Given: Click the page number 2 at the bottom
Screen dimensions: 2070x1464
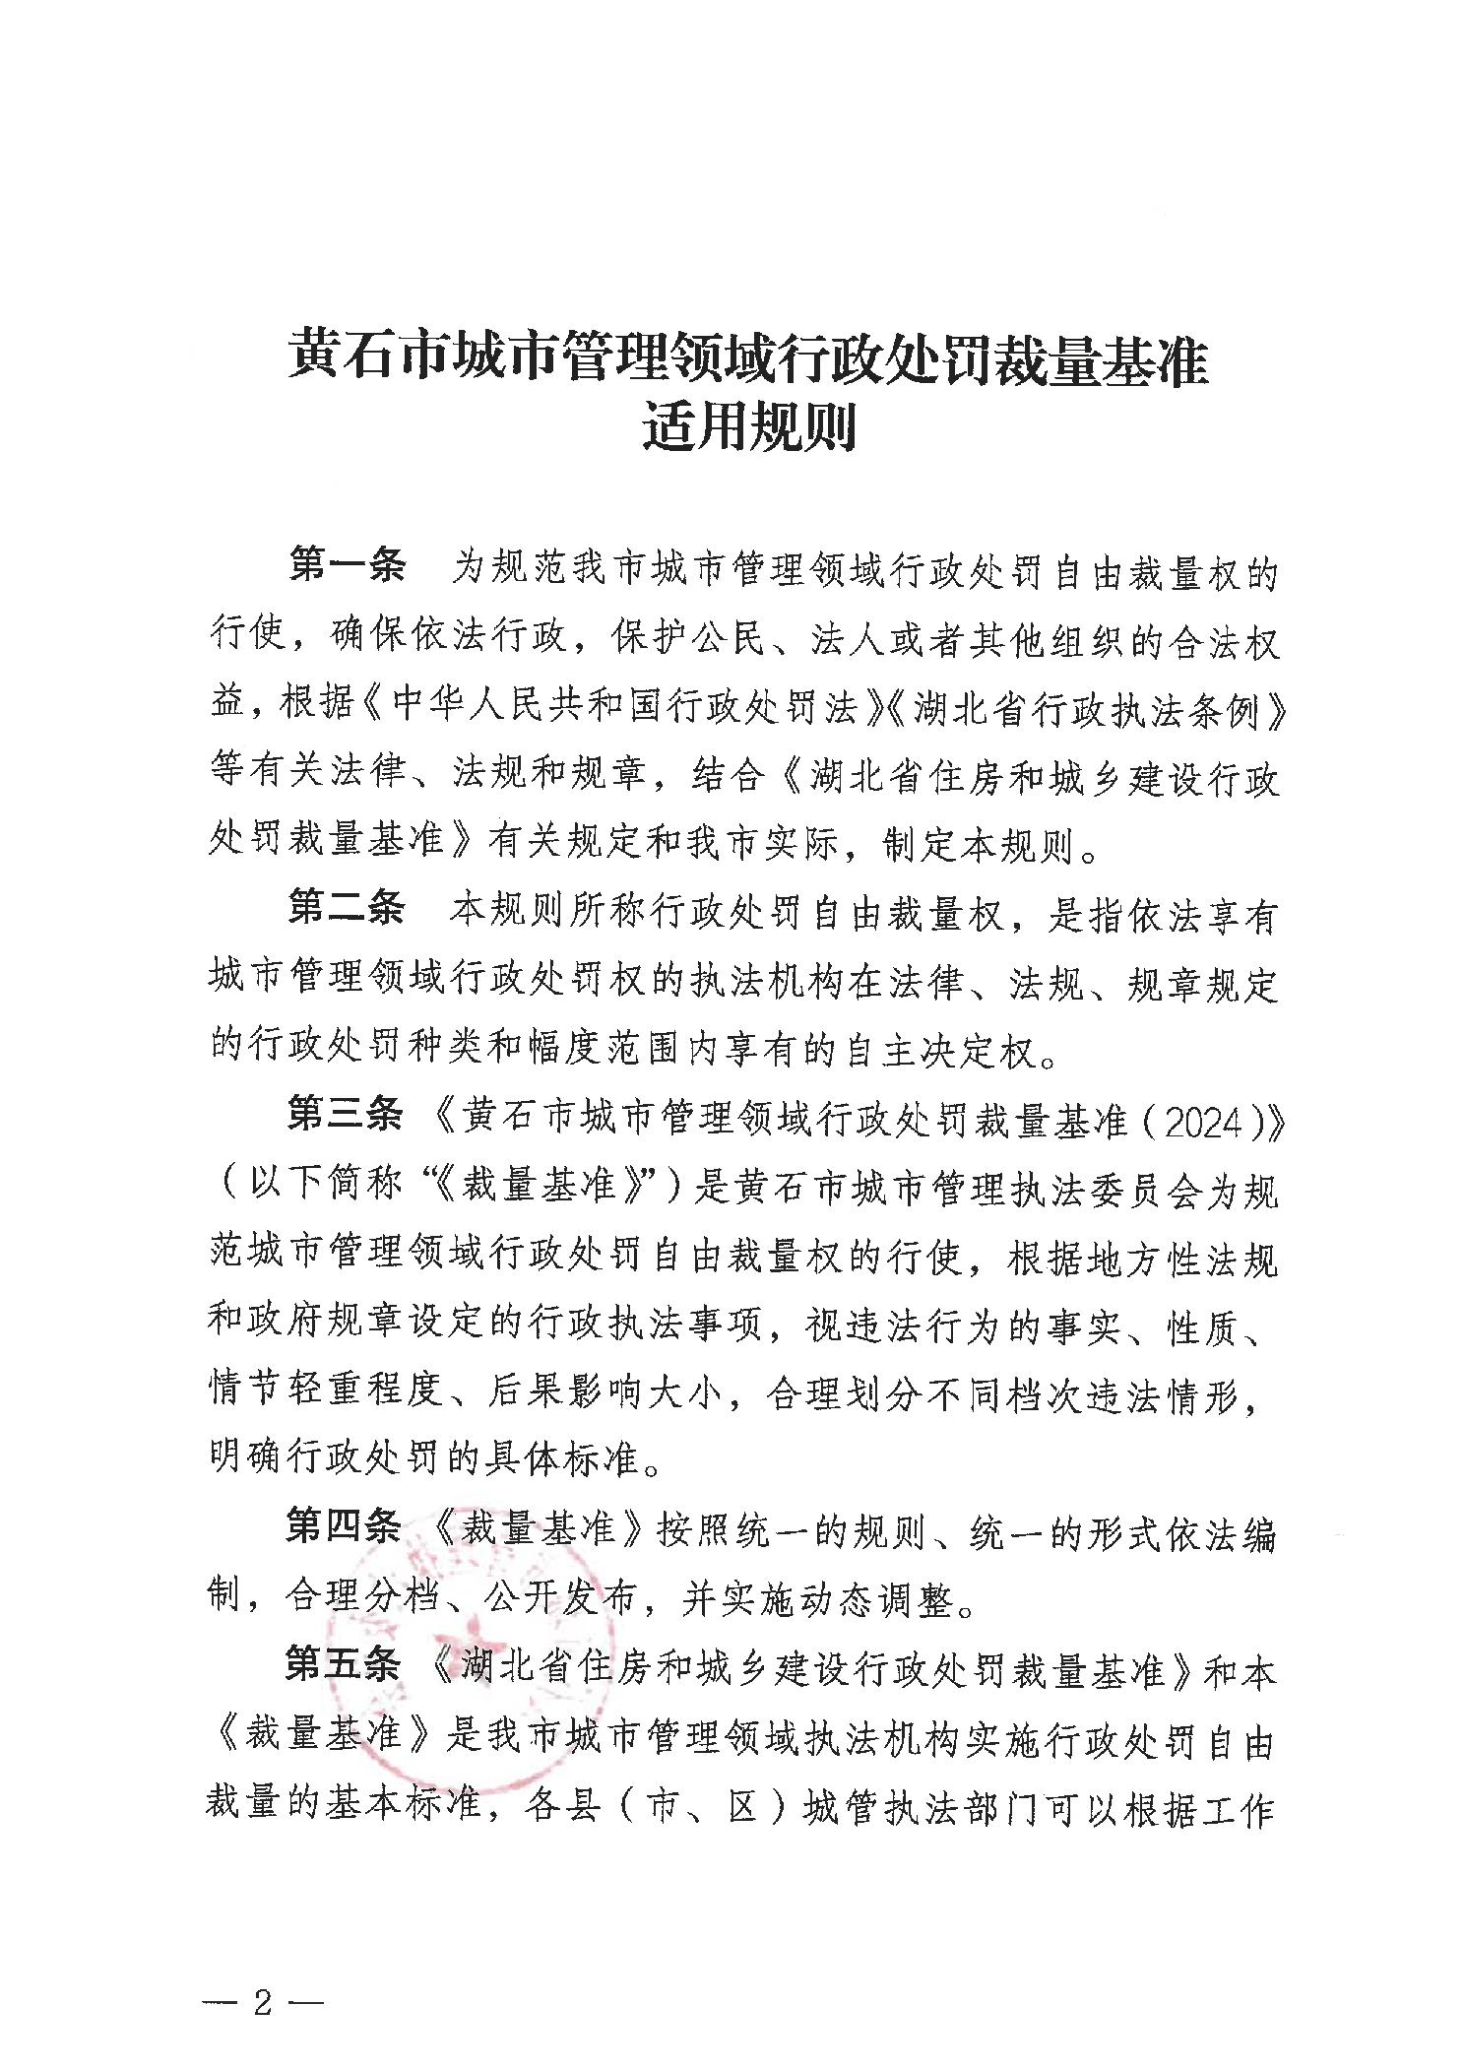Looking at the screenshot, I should [x=262, y=1948].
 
